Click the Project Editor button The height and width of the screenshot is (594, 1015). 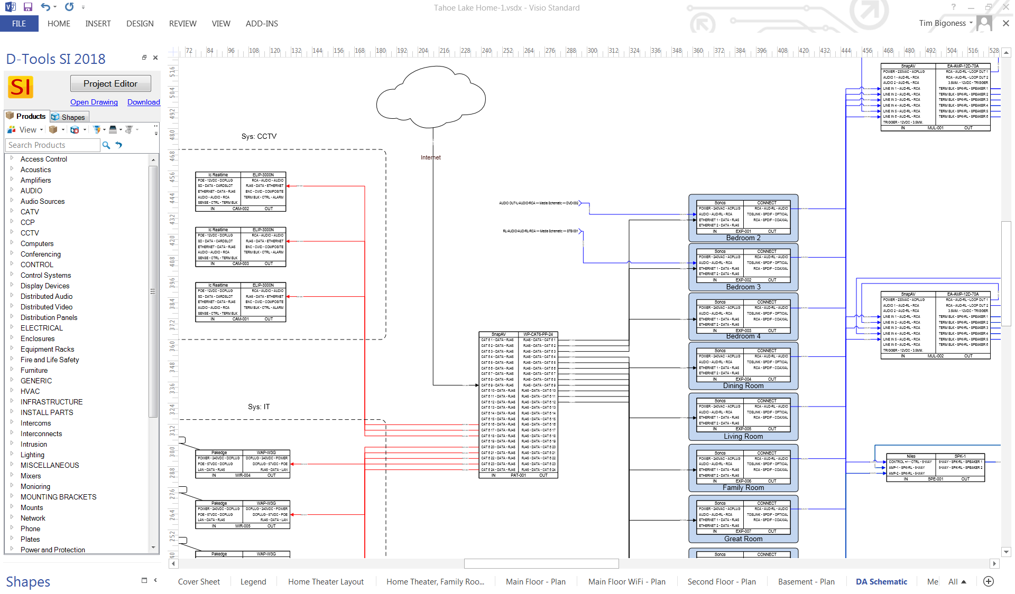(x=110, y=83)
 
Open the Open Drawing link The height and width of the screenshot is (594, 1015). (x=94, y=102)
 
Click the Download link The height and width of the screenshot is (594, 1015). (x=143, y=102)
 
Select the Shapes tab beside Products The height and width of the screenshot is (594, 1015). (x=69, y=117)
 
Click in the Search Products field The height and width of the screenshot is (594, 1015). (x=52, y=145)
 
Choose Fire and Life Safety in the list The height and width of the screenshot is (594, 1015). (x=50, y=360)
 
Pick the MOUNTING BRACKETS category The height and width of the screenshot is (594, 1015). (x=58, y=497)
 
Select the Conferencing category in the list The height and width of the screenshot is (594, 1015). (x=41, y=254)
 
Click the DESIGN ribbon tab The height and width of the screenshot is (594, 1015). (x=140, y=24)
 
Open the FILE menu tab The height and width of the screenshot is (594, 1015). (x=19, y=24)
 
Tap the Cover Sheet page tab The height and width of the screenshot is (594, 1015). (x=199, y=582)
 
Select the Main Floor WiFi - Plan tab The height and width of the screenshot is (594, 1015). (x=626, y=582)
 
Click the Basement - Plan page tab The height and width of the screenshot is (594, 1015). (x=806, y=582)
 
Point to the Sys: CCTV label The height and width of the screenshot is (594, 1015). (x=259, y=136)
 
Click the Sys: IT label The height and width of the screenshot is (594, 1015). (x=259, y=407)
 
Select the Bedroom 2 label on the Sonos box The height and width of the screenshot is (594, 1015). (x=743, y=238)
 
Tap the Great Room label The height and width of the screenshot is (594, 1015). (x=743, y=539)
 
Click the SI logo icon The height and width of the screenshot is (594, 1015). (x=21, y=87)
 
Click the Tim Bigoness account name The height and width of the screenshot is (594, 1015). (x=942, y=23)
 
